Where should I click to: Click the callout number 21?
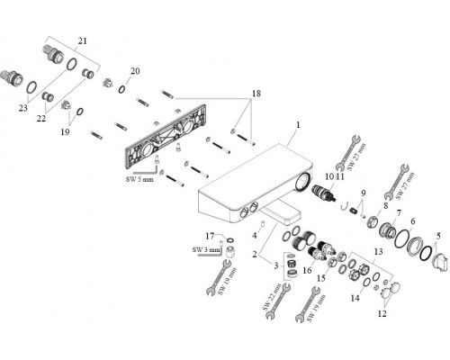point(82,40)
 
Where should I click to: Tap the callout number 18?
point(256,94)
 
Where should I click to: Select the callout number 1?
point(298,124)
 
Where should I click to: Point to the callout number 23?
point(23,108)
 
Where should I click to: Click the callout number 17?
point(210,236)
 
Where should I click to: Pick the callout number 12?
point(382,314)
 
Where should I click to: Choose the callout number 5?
point(438,236)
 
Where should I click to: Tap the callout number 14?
point(355,298)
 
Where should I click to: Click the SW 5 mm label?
point(139,179)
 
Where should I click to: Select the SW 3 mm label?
point(206,249)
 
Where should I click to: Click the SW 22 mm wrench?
point(277,300)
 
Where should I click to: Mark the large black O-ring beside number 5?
point(427,253)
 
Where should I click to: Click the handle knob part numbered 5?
point(439,263)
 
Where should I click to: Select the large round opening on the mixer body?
point(302,182)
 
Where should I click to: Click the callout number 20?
point(135,71)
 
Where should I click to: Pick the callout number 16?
point(307,270)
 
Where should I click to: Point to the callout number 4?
point(255,236)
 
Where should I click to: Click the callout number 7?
point(399,213)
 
